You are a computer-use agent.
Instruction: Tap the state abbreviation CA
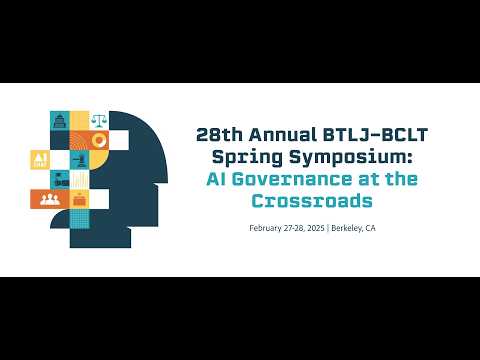click(371, 228)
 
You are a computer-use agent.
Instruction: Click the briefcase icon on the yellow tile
click(80, 199)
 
